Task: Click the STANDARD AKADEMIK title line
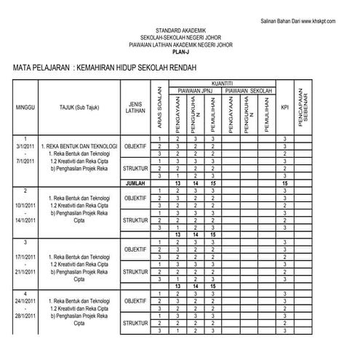tap(180, 31)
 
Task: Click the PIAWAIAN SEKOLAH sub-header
tap(248, 90)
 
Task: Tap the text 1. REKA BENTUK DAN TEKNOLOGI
tap(79, 145)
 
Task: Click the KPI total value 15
tap(285, 183)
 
